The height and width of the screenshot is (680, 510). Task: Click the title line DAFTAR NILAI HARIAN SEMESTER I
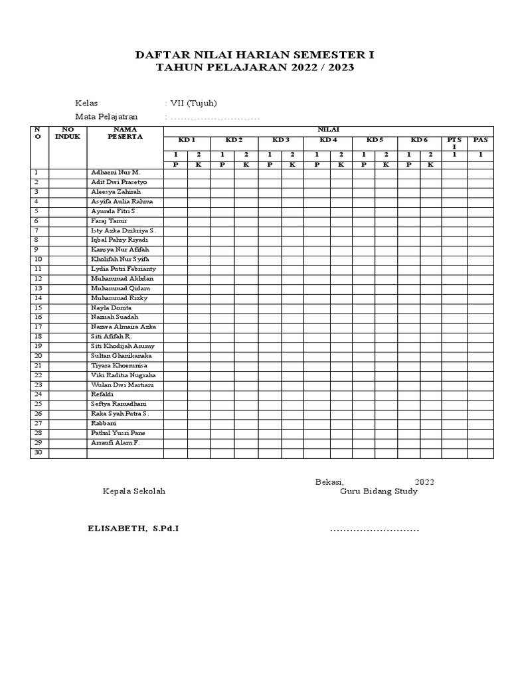(254, 55)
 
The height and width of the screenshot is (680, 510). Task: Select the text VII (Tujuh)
(193, 103)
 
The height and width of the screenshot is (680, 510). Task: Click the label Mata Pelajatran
(106, 117)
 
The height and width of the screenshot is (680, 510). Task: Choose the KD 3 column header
(281, 140)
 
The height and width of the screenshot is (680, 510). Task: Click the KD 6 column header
(419, 140)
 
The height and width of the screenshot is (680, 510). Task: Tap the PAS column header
(479, 140)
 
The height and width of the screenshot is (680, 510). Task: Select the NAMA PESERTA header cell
(125, 133)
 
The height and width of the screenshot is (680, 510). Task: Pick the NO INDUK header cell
(67, 133)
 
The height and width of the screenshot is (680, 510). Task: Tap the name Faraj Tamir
(110, 220)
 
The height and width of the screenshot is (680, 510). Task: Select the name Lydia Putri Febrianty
(124, 269)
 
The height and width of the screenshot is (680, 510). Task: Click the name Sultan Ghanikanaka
(121, 356)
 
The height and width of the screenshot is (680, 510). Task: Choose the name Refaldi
(102, 394)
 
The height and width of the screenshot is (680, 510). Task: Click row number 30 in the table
(39, 452)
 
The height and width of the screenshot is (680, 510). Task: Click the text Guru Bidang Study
(379, 491)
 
